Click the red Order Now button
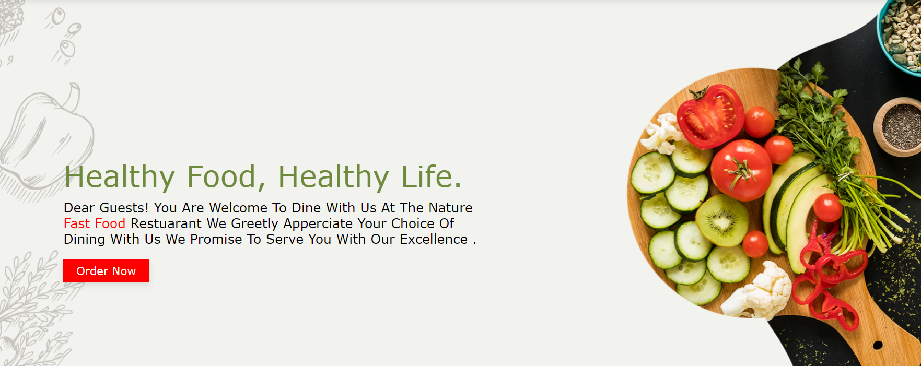pyautogui.click(x=106, y=270)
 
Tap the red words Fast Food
pyautogui.click(x=95, y=223)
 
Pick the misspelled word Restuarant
pyautogui.click(x=166, y=223)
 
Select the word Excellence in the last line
pyautogui.click(x=434, y=239)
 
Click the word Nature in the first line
pyautogui.click(x=450, y=208)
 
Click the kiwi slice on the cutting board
pyautogui.click(x=722, y=220)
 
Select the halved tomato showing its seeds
pyautogui.click(x=710, y=116)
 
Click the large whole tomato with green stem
pyautogui.click(x=741, y=170)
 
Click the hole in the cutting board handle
pyautogui.click(x=878, y=345)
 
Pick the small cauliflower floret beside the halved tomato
pyautogui.click(x=662, y=133)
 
